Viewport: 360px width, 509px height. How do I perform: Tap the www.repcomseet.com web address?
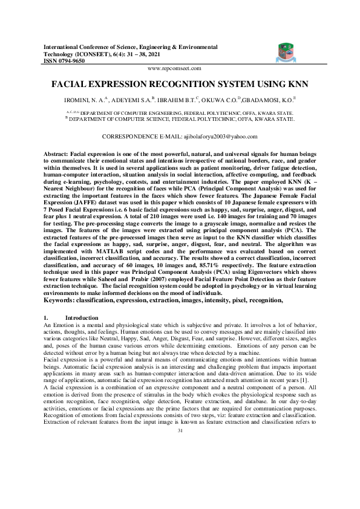tap(180, 70)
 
